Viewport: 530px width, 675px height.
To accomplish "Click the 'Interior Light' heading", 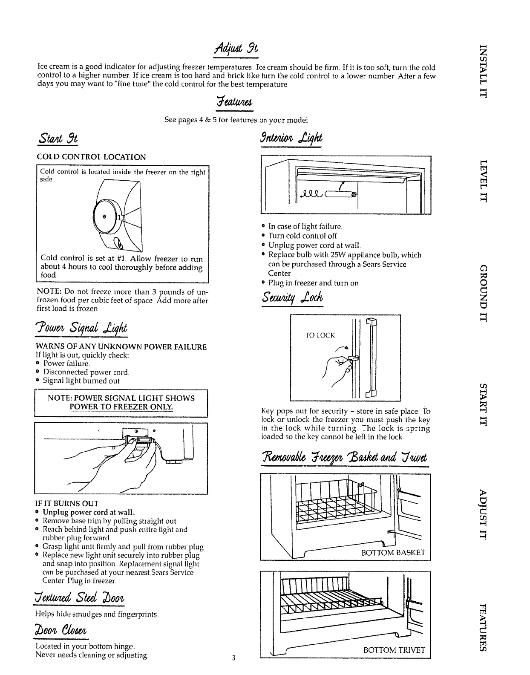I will point(291,138).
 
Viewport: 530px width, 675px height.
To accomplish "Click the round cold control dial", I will point(107,218).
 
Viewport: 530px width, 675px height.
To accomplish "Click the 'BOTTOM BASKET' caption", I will point(393,553).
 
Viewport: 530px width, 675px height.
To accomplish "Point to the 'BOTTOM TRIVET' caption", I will point(394,662).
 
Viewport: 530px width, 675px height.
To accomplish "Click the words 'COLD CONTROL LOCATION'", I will point(90,157).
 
